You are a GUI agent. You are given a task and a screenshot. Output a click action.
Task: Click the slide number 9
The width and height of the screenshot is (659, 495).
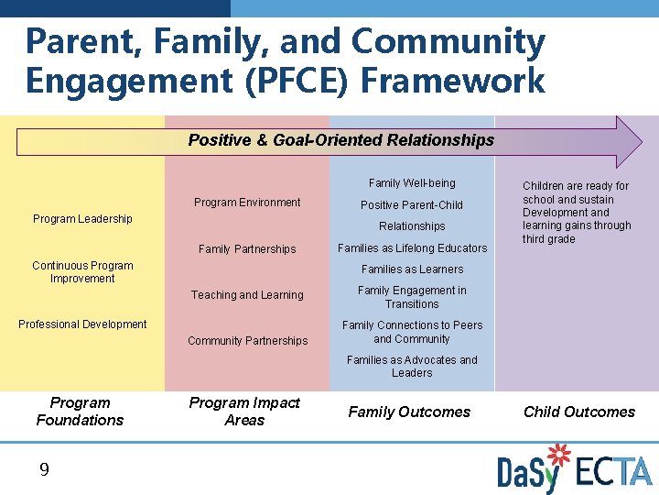tap(44, 470)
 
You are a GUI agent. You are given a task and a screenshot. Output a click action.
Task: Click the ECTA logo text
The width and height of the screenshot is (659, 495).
tap(614, 470)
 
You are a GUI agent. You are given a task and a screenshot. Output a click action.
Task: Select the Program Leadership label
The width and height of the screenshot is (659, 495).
tap(82, 219)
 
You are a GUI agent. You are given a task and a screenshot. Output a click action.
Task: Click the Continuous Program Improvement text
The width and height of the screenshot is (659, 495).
tap(82, 272)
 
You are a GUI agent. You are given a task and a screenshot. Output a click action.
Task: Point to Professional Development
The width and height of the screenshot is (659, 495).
tap(82, 324)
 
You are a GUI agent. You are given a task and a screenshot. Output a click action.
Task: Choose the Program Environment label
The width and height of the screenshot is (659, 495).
tap(247, 203)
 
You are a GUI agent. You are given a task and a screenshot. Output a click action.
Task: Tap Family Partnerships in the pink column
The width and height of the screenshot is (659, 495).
tap(247, 249)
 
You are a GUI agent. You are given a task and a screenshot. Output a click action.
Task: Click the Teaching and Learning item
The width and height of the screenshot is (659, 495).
tap(247, 295)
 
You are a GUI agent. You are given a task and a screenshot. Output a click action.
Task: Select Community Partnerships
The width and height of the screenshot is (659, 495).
tap(247, 341)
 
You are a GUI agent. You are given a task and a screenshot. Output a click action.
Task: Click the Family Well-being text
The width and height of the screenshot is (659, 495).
tap(412, 183)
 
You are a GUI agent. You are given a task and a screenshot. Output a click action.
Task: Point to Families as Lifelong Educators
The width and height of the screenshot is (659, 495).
tap(412, 248)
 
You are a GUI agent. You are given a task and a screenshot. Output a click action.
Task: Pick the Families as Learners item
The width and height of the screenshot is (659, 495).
tap(412, 269)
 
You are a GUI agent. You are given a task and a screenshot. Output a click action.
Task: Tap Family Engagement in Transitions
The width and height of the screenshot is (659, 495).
tap(412, 297)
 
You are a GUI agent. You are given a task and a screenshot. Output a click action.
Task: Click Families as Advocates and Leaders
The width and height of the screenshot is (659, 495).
tap(412, 367)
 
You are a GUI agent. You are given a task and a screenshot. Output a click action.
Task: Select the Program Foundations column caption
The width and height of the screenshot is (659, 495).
tap(80, 412)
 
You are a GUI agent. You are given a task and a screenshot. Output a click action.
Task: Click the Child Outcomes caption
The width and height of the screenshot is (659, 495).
tap(578, 412)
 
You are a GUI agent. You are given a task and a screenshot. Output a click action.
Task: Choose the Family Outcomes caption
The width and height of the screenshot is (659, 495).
tap(409, 412)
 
